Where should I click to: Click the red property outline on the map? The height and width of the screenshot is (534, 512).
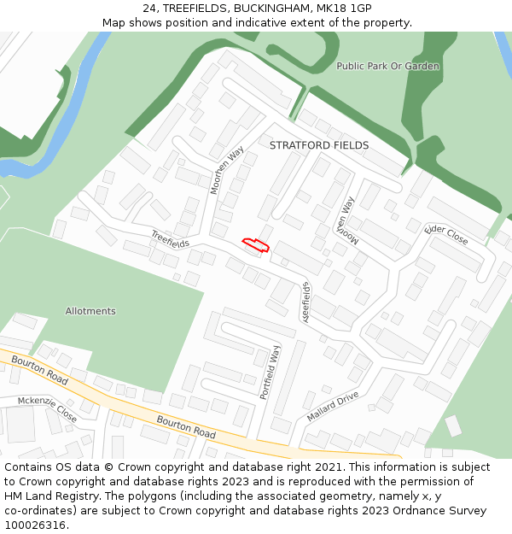point(254,246)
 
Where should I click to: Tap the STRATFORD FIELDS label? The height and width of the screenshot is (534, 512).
point(319,145)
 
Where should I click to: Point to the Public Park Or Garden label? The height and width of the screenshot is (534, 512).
point(387,66)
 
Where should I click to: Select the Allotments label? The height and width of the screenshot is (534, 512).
point(90,311)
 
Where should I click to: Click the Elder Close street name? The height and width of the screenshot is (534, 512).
point(446,234)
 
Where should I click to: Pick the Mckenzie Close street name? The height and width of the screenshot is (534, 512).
point(48,409)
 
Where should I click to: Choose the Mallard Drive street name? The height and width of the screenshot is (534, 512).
point(333,407)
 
